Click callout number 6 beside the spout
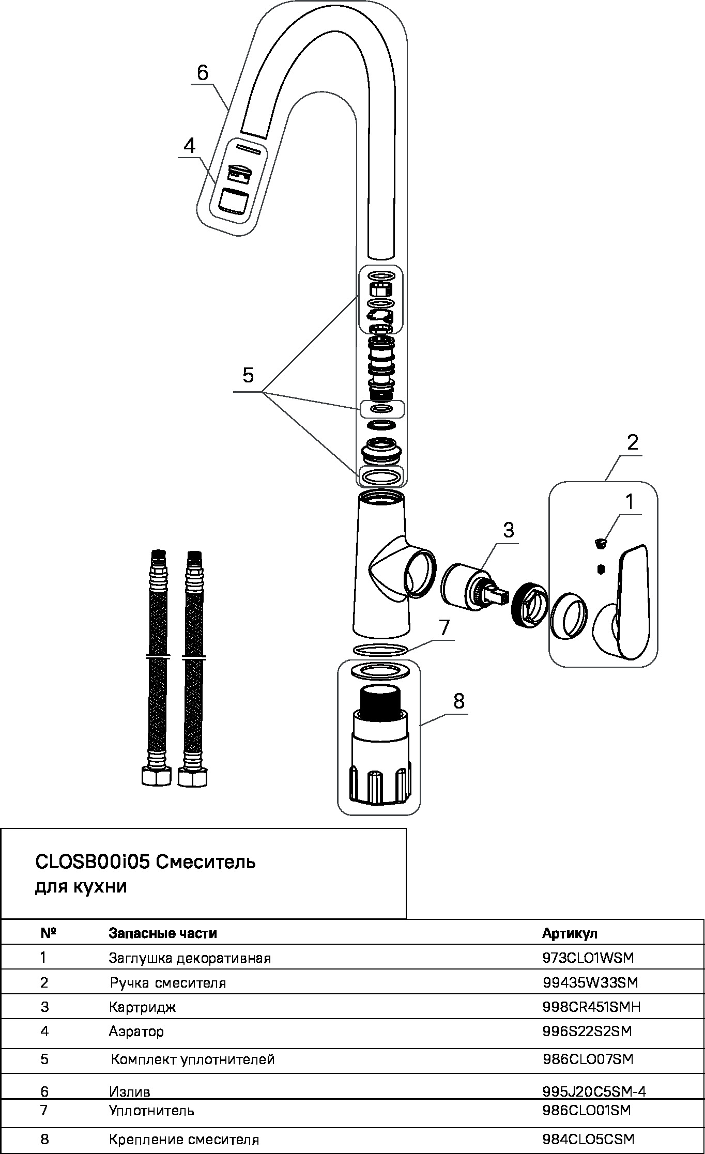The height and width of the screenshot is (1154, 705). click(x=203, y=73)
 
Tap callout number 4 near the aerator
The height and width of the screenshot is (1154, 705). click(x=190, y=146)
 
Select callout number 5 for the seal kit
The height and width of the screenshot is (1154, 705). click(x=248, y=376)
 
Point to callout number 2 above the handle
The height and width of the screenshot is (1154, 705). click(x=632, y=442)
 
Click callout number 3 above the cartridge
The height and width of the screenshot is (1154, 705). click(x=509, y=530)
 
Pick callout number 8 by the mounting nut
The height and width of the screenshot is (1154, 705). click(x=458, y=701)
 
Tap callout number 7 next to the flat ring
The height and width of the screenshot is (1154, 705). click(x=445, y=627)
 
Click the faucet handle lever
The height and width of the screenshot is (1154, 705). click(x=632, y=599)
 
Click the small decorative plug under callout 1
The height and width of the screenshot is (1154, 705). click(x=600, y=543)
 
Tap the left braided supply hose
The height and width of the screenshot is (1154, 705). click(x=157, y=672)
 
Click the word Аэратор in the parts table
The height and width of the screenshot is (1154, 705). click(x=136, y=1032)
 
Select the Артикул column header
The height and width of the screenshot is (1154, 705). click(x=570, y=933)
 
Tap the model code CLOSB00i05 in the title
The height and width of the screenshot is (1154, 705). click(x=92, y=863)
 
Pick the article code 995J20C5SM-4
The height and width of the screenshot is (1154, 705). click(x=594, y=1091)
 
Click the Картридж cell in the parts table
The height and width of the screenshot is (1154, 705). click(x=143, y=1007)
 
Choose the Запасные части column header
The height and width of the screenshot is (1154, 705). click(x=162, y=933)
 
